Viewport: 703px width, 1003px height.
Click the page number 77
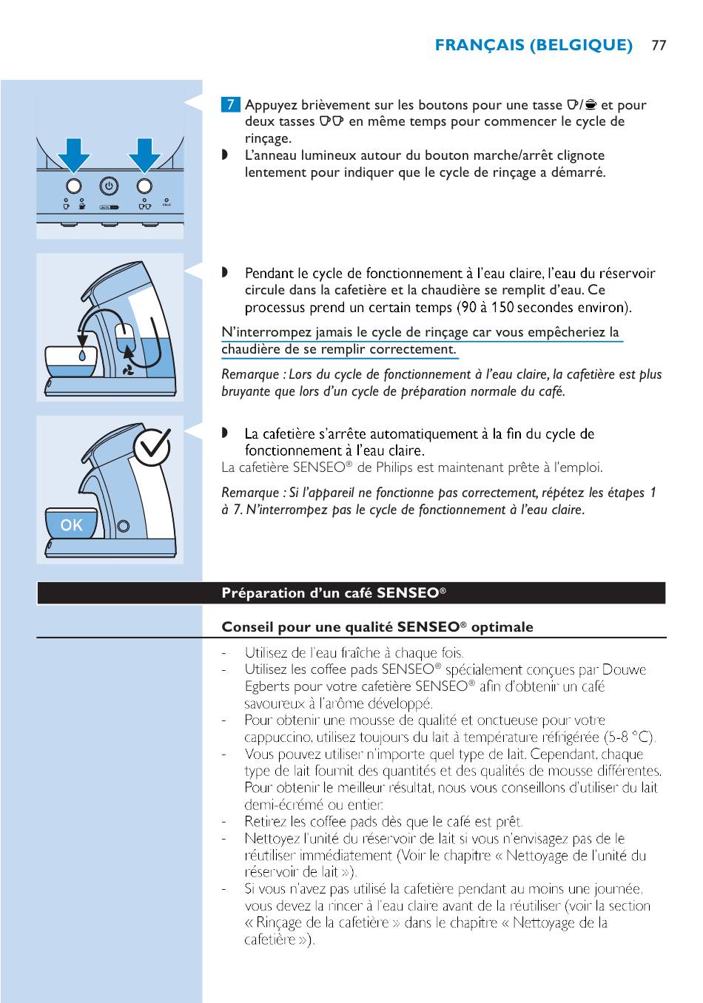tap(659, 45)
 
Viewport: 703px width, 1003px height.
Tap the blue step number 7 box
tap(231, 104)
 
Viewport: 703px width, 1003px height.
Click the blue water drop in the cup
tap(82, 355)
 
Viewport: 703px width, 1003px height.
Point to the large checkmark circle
tap(152, 446)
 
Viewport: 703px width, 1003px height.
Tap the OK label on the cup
tap(72, 525)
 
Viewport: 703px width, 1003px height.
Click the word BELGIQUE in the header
tap(582, 45)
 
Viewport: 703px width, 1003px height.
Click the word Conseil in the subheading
tap(247, 627)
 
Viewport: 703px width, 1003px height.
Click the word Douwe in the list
tap(624, 670)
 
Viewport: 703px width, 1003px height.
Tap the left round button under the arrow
tap(74, 185)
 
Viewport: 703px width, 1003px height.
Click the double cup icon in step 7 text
tap(332, 121)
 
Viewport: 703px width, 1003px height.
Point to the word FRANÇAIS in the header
tap(478, 45)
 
